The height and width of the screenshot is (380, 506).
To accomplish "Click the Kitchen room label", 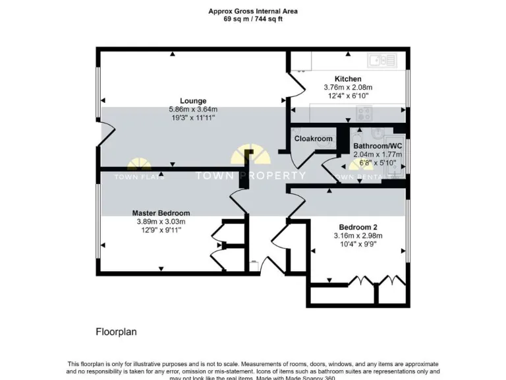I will [x=348, y=79].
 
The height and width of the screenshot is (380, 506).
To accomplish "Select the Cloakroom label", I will [x=313, y=139].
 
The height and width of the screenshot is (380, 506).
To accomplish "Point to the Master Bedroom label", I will [x=161, y=213].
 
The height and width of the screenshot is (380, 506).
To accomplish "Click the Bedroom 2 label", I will [x=358, y=226].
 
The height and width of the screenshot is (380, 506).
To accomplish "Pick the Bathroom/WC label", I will [x=378, y=146].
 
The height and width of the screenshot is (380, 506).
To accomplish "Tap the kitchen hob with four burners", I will [x=360, y=113].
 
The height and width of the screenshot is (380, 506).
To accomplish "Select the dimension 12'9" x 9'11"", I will [x=161, y=230].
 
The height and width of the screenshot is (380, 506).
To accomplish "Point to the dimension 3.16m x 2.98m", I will [x=358, y=236].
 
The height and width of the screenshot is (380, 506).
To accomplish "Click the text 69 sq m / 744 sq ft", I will [x=253, y=19].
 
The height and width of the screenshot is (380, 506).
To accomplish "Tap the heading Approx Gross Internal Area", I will [x=253, y=11].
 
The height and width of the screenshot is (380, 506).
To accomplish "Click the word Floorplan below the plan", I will [x=116, y=331].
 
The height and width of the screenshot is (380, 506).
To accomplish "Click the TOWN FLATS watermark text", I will [x=140, y=177].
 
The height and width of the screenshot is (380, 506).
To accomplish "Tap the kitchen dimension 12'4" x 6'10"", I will [x=348, y=96].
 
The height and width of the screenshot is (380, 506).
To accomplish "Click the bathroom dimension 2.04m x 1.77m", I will [x=378, y=154].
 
